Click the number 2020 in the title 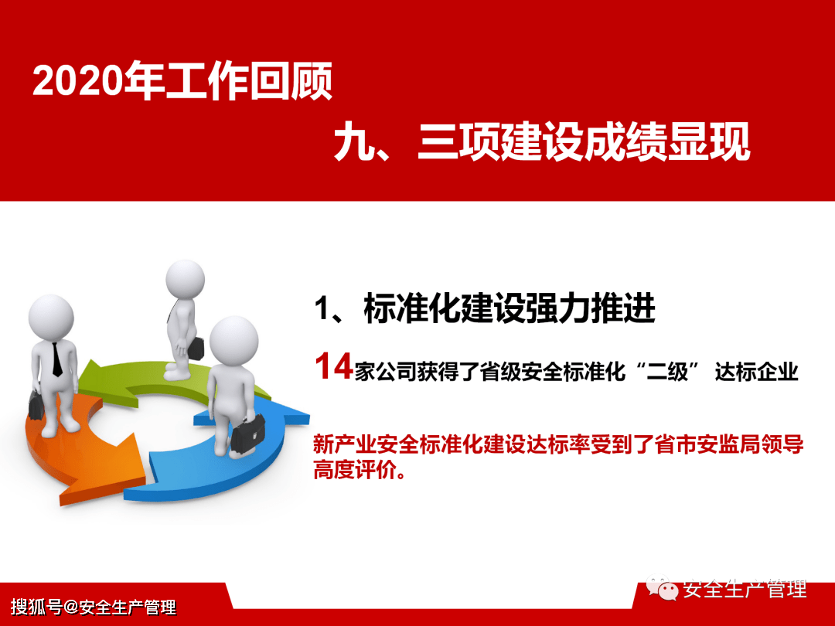[x=77, y=82]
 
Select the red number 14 [x=333, y=367]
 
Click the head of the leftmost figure [x=51, y=316]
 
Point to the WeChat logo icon [x=663, y=589]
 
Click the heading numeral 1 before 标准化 [x=322, y=309]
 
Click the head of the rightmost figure [x=233, y=340]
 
